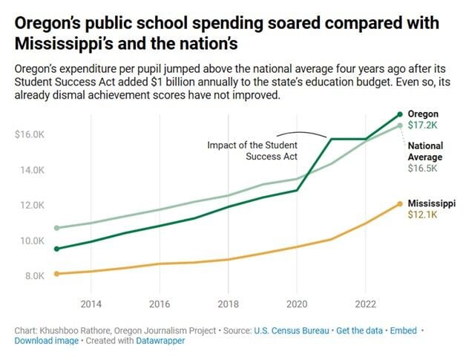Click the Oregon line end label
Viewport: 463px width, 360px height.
click(423, 114)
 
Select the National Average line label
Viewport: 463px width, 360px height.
click(425, 151)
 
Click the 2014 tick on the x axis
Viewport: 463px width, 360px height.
click(91, 304)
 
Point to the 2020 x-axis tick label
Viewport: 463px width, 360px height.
click(297, 304)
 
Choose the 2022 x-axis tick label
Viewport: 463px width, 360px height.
click(365, 304)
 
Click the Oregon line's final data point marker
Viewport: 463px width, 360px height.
click(400, 114)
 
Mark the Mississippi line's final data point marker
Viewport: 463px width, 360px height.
click(400, 203)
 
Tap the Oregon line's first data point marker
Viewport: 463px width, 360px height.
click(57, 249)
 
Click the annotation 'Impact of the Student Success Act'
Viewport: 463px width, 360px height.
click(252, 151)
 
